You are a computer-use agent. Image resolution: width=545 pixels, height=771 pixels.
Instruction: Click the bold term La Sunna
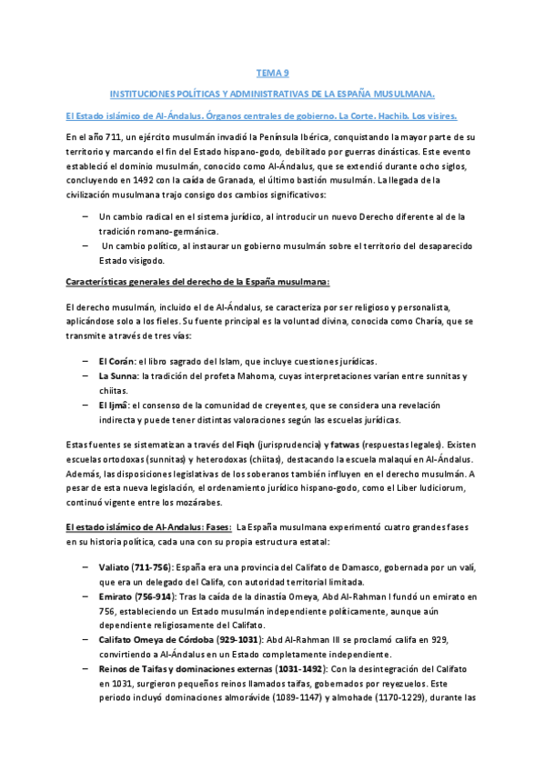pyautogui.click(x=117, y=376)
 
